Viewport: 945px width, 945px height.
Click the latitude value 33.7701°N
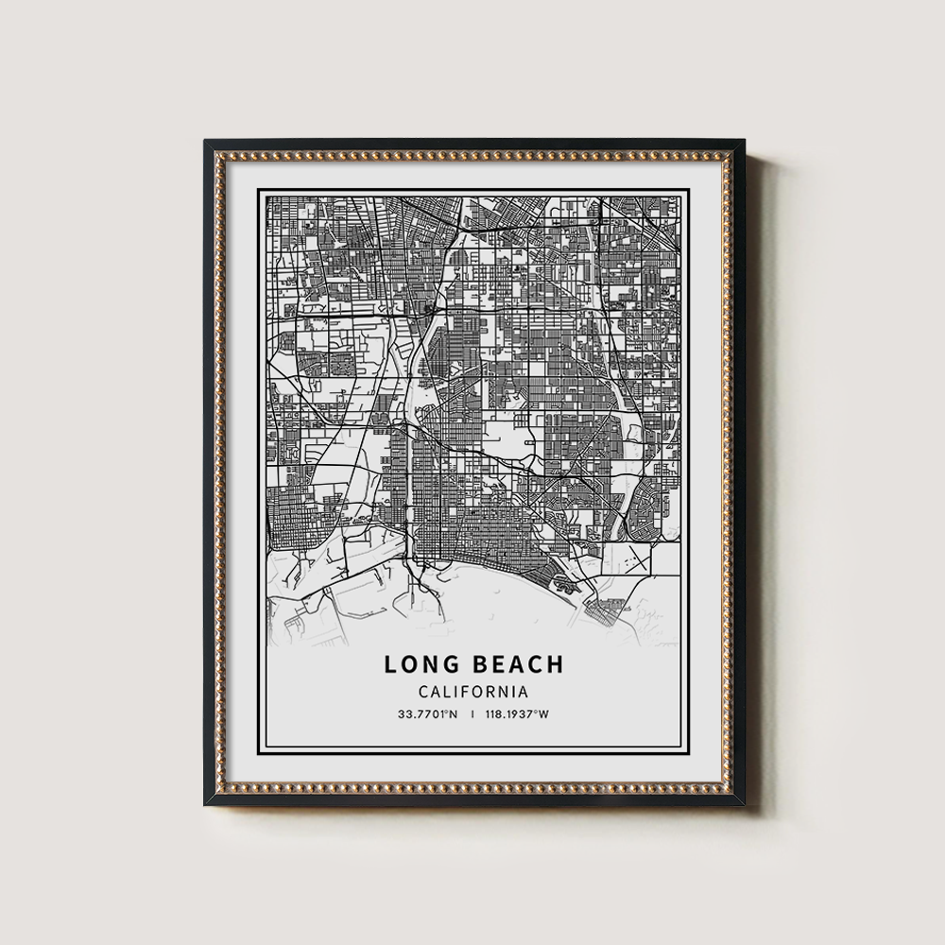click(x=428, y=714)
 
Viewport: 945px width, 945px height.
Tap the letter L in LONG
click(x=390, y=664)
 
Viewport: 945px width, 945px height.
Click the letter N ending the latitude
click(x=454, y=714)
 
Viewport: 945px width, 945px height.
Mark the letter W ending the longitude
click(x=543, y=714)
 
